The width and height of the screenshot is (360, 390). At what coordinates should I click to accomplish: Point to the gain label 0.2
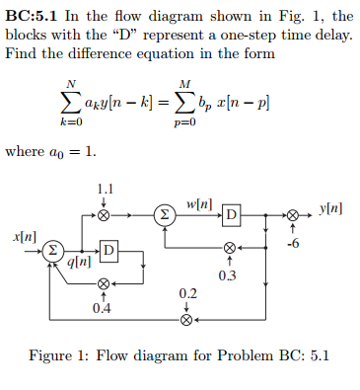pos(187,294)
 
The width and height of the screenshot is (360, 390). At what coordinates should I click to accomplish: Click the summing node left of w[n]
pos(166,213)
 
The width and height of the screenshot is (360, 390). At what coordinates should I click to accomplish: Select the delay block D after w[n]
pos(233,214)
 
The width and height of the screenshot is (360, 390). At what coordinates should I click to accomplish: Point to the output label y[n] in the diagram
pos(332,208)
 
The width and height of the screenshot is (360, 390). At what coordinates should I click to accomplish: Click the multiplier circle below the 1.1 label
pos(104,213)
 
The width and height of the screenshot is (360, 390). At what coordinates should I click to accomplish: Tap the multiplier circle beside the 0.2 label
pos(186,319)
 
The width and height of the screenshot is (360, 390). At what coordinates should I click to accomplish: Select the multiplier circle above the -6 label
pos(291,213)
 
